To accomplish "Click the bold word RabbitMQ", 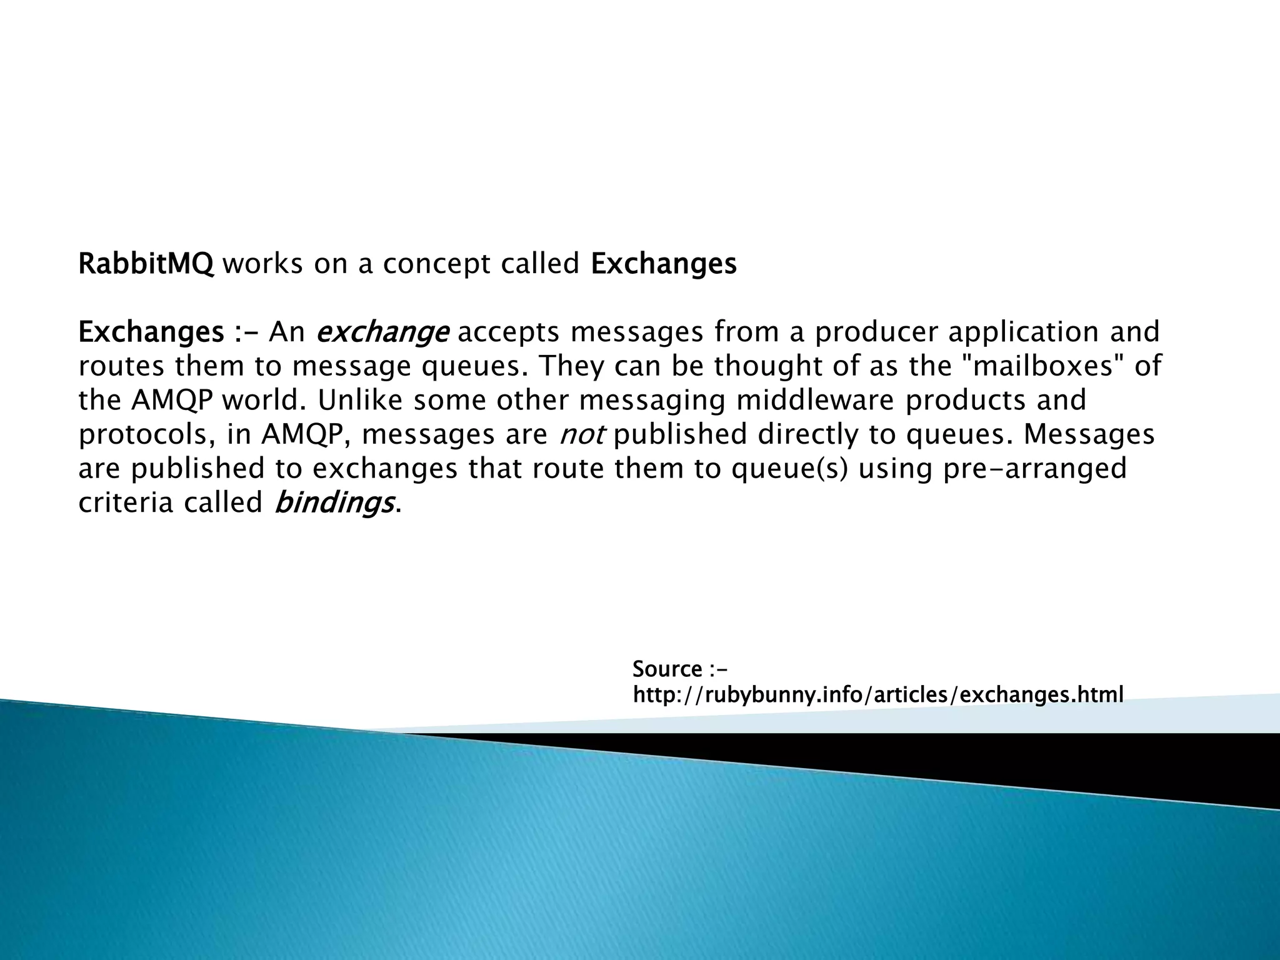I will coord(146,264).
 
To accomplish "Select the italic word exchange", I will coord(382,332).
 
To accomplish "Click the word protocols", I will coord(147,435).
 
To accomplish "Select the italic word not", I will coord(581,435).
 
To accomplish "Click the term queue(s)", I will coord(790,469).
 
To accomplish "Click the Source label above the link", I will coord(667,669).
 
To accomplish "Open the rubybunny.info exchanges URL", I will coord(878,694).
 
